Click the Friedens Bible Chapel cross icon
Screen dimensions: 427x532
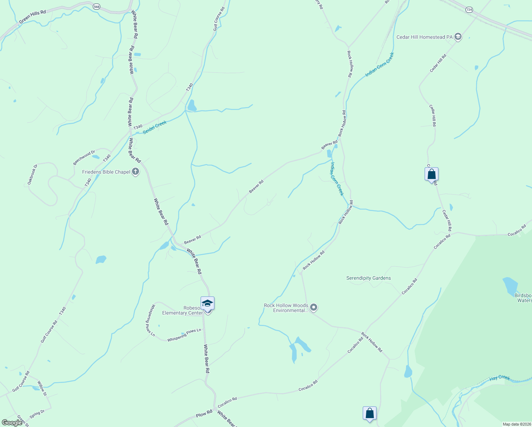[135, 172]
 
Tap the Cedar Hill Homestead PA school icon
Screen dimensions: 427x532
[458, 37]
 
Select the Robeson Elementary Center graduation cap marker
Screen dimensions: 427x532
[207, 304]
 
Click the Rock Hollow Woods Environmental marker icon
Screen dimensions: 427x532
[313, 307]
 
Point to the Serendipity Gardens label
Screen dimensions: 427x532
[368, 278]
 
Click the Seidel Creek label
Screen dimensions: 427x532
[155, 127]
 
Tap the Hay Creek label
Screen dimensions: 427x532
[499, 378]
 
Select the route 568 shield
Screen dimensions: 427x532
[96, 6]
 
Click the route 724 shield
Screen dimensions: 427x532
[469, 10]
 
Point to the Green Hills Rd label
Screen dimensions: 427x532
[32, 17]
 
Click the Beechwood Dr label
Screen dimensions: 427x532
[84, 157]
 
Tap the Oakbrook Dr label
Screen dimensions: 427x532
[32, 174]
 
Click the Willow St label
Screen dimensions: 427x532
[42, 388]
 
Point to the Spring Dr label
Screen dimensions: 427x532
[37, 414]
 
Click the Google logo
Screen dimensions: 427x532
[12, 423]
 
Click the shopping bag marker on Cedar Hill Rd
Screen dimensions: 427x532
[431, 174]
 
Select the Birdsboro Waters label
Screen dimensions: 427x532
[523, 298]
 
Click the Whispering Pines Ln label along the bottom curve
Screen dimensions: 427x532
[184, 335]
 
